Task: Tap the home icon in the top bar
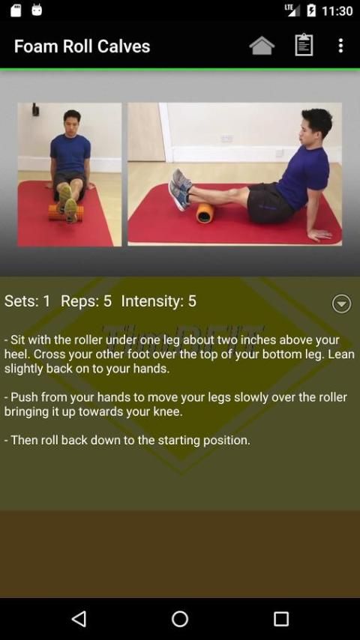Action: pos(262,45)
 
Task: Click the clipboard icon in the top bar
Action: pos(304,45)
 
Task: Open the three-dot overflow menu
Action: pos(340,45)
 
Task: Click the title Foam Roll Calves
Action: pos(82,46)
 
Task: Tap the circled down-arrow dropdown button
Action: pos(341,304)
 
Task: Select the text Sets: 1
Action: pos(27,301)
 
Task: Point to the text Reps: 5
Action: pos(86,301)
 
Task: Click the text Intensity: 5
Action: pos(158,301)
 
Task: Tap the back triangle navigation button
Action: pos(79,618)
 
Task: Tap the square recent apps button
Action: pos(281,618)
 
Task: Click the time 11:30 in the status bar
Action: pos(337,10)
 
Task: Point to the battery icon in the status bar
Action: pos(311,10)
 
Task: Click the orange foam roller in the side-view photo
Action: pos(205,213)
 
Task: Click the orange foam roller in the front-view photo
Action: pos(65,213)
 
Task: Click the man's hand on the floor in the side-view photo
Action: pos(319,234)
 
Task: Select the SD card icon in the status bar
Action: pos(16,10)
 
